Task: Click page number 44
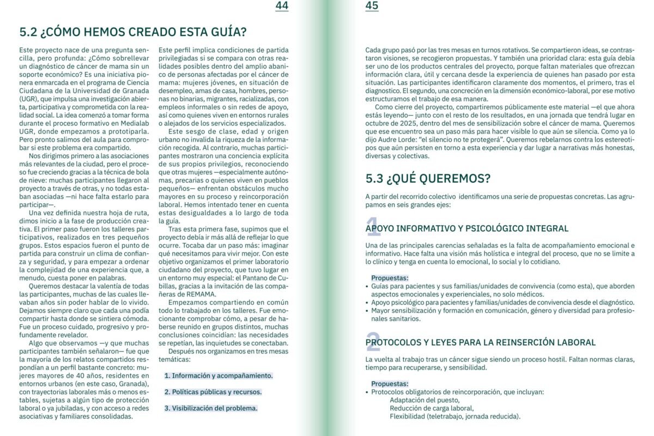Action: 282,6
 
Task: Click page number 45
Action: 372,6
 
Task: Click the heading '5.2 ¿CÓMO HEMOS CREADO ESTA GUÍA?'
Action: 132,32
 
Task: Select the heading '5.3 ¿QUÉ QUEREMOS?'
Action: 428,178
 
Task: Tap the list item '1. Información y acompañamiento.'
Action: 218,376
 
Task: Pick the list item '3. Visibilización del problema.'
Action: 210,408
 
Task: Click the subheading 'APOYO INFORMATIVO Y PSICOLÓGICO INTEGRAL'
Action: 467,228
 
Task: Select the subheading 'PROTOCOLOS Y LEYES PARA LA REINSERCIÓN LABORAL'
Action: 481,342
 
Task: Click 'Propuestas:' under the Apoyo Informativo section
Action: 390,278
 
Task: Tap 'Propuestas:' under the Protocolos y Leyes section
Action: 390,384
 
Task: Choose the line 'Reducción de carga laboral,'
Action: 431,408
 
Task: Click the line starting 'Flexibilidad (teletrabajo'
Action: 455,416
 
